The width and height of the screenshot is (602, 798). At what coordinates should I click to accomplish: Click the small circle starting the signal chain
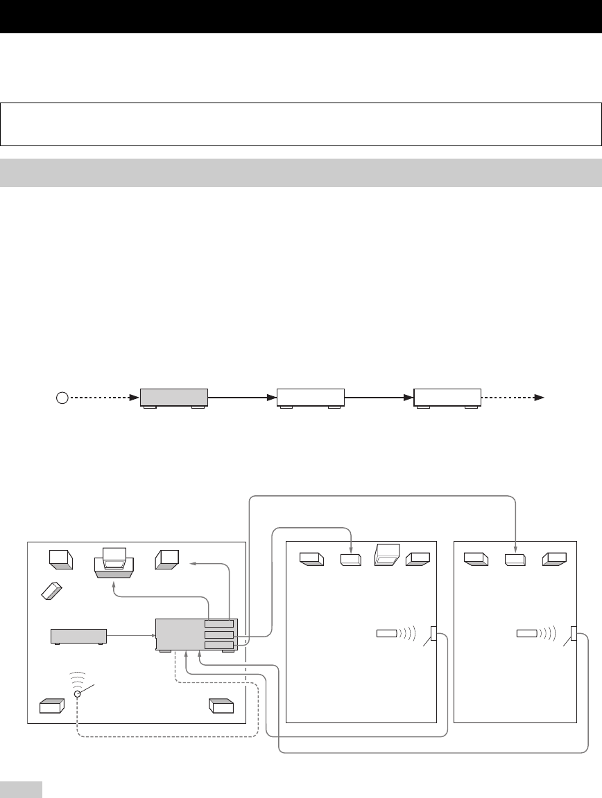pos(62,398)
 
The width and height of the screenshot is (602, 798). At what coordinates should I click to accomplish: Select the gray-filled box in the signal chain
pos(174,398)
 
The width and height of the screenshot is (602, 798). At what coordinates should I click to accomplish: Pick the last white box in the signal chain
pos(447,398)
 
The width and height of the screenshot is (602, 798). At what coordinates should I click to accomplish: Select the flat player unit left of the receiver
pos(78,636)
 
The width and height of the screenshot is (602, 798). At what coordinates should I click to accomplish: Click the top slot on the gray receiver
pos(219,624)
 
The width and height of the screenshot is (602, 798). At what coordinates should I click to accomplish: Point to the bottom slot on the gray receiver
pos(219,646)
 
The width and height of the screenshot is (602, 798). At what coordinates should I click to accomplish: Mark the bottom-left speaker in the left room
pos(53,707)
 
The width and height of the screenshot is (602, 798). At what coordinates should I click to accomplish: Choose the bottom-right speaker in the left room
pos(222,706)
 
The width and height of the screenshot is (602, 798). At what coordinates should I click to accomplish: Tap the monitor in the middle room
pos(386,556)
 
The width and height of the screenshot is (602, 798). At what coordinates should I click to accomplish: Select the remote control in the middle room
pos(387,633)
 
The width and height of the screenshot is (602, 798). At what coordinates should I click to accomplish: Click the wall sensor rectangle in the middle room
pos(434,634)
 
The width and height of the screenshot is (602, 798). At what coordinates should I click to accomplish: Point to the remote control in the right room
pos(527,633)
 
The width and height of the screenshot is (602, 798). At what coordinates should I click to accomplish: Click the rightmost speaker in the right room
pos(555,558)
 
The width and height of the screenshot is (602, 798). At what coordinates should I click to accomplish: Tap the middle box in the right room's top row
pos(515,559)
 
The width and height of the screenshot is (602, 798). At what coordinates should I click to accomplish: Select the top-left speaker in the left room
pos(61,558)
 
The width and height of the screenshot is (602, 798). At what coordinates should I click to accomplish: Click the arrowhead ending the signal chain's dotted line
pos(544,398)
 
